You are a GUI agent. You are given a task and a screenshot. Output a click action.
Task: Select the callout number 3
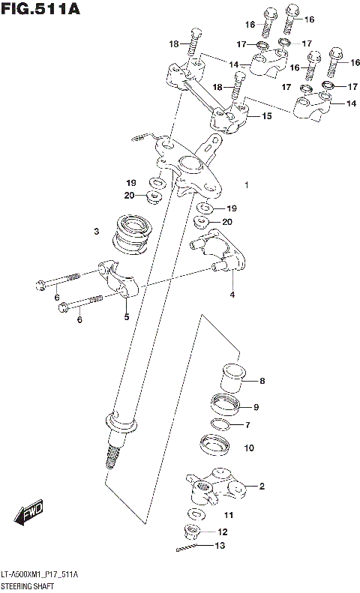pyautogui.click(x=97, y=232)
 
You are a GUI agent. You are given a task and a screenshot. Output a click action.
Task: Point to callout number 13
pyautogui.click(x=219, y=546)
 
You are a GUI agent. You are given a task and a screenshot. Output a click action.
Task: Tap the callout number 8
pyautogui.click(x=262, y=381)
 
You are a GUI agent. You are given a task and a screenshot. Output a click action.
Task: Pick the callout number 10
pyautogui.click(x=249, y=448)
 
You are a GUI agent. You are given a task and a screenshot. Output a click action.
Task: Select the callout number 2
pyautogui.click(x=262, y=487)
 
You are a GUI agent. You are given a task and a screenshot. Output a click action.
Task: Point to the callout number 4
pyautogui.click(x=232, y=294)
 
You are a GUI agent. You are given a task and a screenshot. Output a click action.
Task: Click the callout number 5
pyautogui.click(x=126, y=316)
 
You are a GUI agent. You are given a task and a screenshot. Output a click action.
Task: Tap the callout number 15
pyautogui.click(x=266, y=116)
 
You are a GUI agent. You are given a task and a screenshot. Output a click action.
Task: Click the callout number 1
pyautogui.click(x=246, y=184)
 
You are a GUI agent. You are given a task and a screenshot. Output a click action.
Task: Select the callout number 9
pyautogui.click(x=256, y=407)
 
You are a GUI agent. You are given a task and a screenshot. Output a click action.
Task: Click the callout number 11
pyautogui.click(x=229, y=515)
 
